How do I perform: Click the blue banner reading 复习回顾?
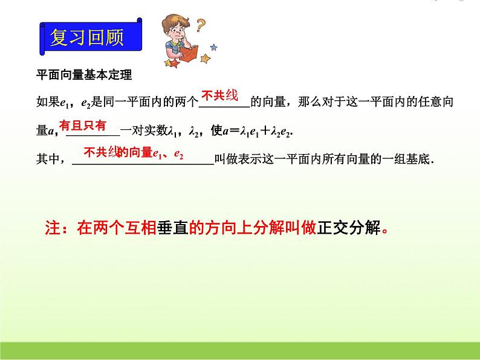click(x=87, y=38)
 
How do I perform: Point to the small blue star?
click(x=213, y=46)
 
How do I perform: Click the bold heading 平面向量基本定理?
click(x=84, y=76)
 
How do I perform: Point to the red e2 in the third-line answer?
click(x=178, y=154)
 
